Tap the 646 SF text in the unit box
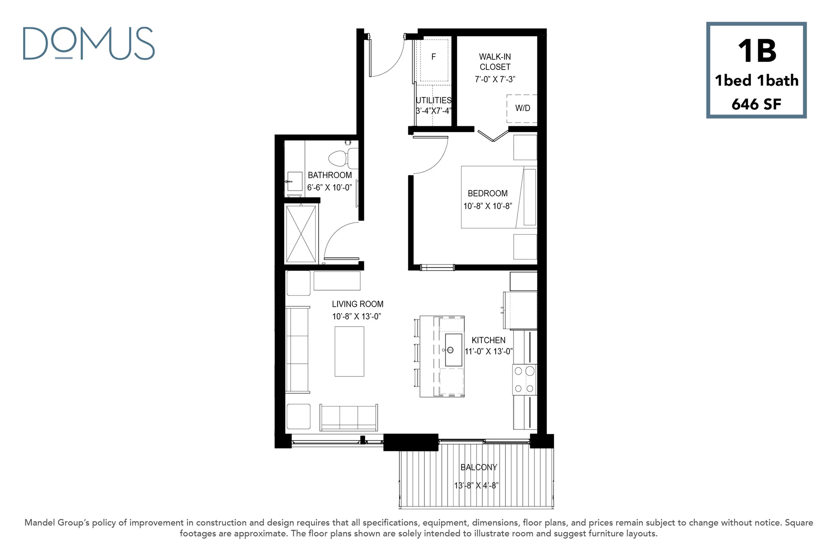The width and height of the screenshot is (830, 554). click(756, 104)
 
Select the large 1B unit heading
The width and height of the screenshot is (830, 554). click(757, 51)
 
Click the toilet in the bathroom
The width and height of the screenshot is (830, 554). click(343, 158)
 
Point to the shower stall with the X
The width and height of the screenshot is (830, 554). click(301, 234)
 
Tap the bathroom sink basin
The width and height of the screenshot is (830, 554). click(295, 181)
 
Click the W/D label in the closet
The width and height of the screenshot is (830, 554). click(523, 108)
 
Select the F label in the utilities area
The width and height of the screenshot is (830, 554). click(433, 57)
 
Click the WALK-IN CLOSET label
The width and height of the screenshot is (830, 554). click(495, 62)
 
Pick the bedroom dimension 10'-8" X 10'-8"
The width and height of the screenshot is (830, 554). click(488, 206)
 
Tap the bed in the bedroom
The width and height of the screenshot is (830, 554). click(499, 197)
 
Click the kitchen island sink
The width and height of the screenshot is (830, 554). click(453, 350)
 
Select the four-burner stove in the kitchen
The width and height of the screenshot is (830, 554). click(525, 379)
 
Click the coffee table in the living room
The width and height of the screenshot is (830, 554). click(349, 351)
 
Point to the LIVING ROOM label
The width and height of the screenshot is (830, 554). click(357, 304)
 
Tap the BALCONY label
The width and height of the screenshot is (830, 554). click(479, 467)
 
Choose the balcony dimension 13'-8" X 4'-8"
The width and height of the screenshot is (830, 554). click(476, 485)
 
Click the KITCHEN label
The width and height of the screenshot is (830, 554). click(488, 340)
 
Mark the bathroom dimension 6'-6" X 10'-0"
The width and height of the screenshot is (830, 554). click(329, 188)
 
